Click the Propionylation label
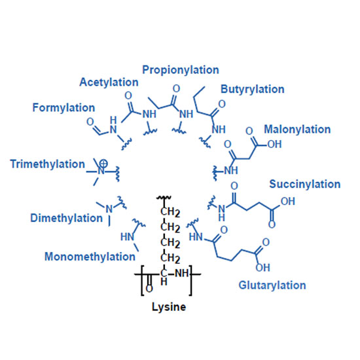coord(181,70)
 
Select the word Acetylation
coord(109,82)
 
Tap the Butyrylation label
coord(252,89)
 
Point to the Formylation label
coord(63,108)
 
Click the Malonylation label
coord(297,130)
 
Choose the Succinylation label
coord(304,185)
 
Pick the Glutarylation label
coord(272,285)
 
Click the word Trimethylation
coord(48,164)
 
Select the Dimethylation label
coord(66,218)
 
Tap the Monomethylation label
coord(90,257)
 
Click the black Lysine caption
coord(169,307)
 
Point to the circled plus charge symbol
coord(103,164)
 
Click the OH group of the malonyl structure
coord(274,144)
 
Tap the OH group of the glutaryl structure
coord(262,268)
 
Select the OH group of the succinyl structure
coord(288,202)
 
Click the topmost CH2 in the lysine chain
coord(170,212)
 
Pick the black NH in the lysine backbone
coord(181,274)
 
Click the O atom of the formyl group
coord(90,122)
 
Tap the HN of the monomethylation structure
coord(127,237)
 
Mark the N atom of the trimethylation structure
coord(101,171)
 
